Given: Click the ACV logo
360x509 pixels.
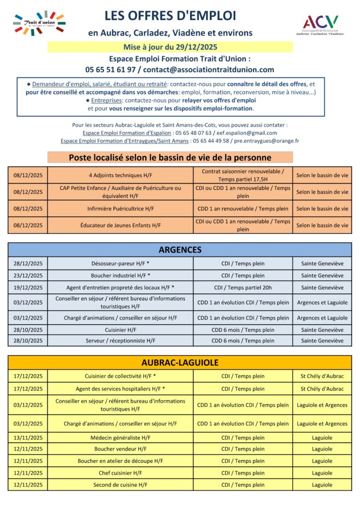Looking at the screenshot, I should pos(321,24).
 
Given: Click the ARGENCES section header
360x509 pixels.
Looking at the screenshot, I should pos(180,250).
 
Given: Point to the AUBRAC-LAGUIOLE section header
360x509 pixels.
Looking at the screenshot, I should pos(180,363).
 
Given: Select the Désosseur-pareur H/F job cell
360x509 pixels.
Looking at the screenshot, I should pos(120,263).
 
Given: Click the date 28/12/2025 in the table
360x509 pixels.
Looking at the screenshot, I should pos(28,263).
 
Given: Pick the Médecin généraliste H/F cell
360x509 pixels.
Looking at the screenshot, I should pos(120,438).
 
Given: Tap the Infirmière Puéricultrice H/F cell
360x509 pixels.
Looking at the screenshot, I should pos(120,209).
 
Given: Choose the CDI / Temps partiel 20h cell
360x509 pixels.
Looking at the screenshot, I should pos(243,287).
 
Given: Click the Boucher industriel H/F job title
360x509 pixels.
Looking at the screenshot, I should pos(120,275).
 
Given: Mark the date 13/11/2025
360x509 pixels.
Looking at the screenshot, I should pos(28,438).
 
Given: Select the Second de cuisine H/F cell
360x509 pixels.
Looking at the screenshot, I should pos(120,485).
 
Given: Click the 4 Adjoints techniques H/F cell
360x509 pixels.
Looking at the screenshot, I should pos(120,175).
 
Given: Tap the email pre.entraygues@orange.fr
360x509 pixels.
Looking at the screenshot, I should pos(273,141).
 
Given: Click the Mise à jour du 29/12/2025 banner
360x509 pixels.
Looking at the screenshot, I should pos(170,48).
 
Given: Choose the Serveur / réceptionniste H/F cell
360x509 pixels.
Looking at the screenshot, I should pos(120,340).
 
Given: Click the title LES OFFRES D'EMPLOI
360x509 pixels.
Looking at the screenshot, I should pos(170,16).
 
